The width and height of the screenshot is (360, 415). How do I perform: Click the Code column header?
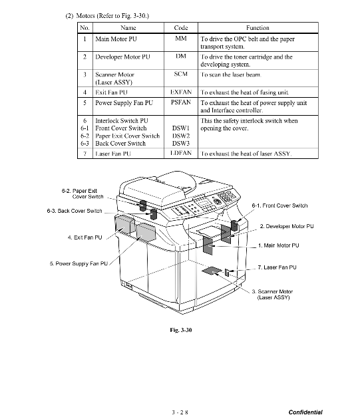pos(181,28)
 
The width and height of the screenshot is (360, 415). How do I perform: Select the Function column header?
pos(258,28)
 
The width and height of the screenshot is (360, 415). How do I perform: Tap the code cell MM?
pos(181,39)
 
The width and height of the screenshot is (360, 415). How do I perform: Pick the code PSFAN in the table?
pos(181,102)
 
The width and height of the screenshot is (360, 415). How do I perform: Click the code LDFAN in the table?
pos(181,153)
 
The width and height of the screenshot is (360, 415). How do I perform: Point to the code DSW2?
pos(181,136)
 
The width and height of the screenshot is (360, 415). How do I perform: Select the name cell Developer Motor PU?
pos(122,57)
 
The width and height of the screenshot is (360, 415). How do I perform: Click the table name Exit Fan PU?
pos(112,92)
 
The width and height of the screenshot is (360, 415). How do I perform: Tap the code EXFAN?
pos(181,92)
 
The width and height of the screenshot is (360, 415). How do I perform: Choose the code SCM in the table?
pos(181,74)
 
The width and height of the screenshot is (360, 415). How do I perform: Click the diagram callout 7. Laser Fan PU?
pos(277,267)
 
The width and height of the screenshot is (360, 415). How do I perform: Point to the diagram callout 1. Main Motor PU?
pos(279,245)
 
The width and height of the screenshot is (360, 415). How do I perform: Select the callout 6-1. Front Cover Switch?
pos(279,206)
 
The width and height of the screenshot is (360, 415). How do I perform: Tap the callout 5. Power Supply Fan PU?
pos(79,263)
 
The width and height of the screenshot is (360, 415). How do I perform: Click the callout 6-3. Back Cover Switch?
pos(75,211)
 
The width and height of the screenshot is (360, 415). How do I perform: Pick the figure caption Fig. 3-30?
pos(181,330)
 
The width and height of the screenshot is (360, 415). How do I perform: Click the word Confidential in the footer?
pos(305,412)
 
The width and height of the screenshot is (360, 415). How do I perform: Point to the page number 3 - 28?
pos(180,412)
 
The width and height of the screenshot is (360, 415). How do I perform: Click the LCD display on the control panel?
pos(204,204)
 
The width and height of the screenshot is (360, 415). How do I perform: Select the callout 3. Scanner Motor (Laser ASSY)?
pos(273,295)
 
